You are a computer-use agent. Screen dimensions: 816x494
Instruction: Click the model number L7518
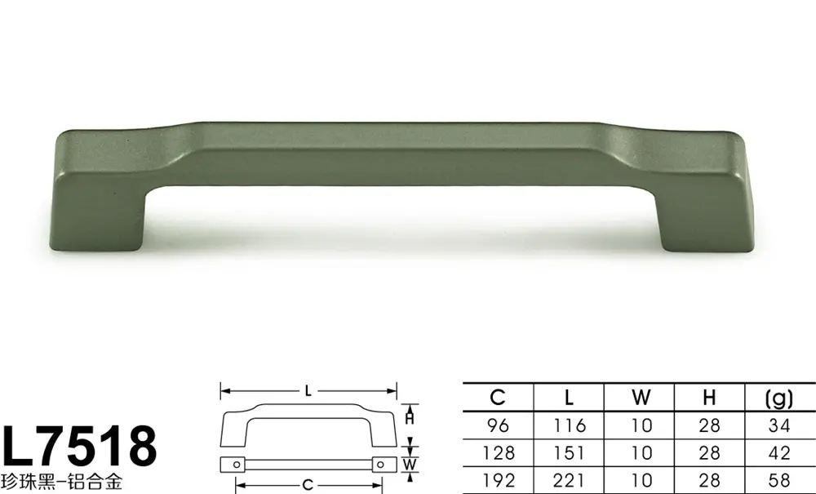pyautogui.click(x=80, y=446)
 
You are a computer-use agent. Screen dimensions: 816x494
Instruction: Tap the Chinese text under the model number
pyautogui.click(x=62, y=482)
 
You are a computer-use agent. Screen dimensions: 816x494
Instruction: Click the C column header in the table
pyautogui.click(x=498, y=398)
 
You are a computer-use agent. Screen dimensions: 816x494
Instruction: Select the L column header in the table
pyautogui.click(x=569, y=398)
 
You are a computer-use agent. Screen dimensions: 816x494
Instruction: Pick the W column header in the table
pyautogui.click(x=641, y=398)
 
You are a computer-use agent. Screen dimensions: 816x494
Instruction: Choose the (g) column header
pyautogui.click(x=779, y=398)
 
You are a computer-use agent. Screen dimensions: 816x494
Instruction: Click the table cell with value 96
pyautogui.click(x=499, y=425)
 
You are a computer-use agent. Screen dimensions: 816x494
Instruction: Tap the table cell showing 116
pyautogui.click(x=570, y=425)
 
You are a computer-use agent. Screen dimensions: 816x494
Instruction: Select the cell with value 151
pyautogui.click(x=570, y=453)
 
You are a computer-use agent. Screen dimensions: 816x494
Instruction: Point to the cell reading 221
pyautogui.click(x=570, y=480)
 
